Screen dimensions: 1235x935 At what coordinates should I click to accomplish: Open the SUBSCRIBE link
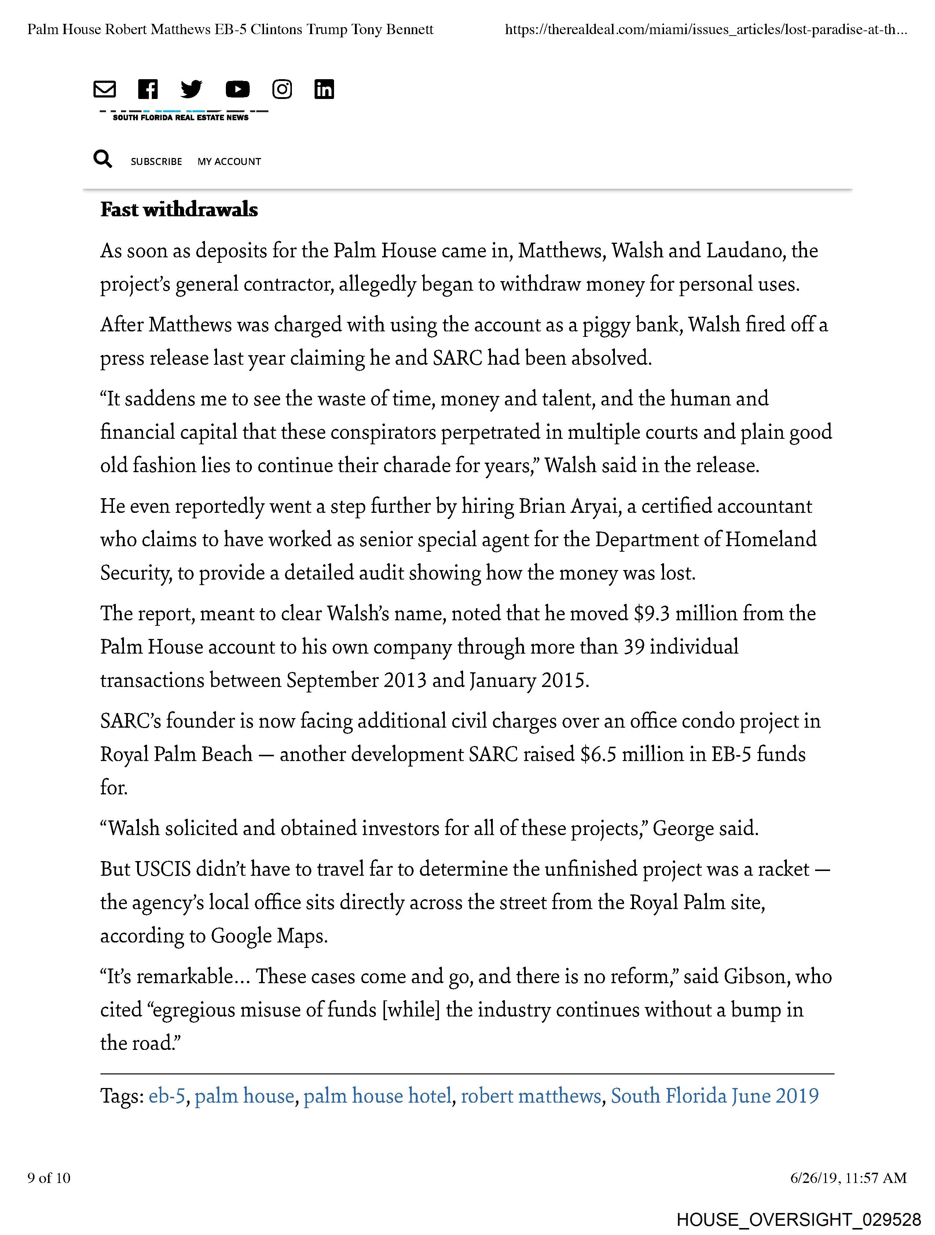[x=157, y=161]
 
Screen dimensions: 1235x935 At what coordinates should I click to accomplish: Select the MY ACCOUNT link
[x=229, y=161]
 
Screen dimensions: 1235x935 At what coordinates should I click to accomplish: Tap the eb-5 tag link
[x=166, y=1096]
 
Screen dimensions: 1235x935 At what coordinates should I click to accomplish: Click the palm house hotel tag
[x=378, y=1096]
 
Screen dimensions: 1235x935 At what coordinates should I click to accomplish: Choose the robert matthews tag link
[x=531, y=1096]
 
